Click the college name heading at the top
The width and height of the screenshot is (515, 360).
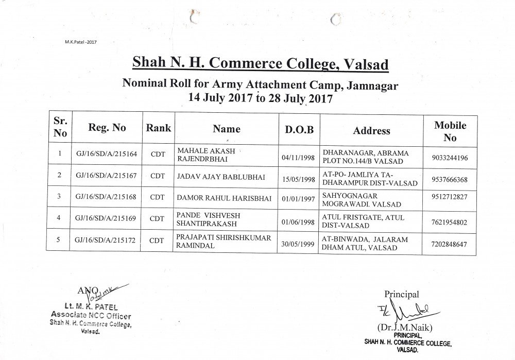tap(261, 64)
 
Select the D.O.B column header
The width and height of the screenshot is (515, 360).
tap(299, 130)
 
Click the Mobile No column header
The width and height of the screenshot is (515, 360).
tap(450, 131)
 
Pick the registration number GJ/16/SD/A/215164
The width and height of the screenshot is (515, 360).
tap(106, 154)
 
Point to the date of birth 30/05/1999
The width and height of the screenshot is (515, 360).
tap(299, 245)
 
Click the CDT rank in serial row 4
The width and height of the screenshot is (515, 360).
tap(158, 218)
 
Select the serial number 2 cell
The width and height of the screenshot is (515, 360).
tap(59, 176)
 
